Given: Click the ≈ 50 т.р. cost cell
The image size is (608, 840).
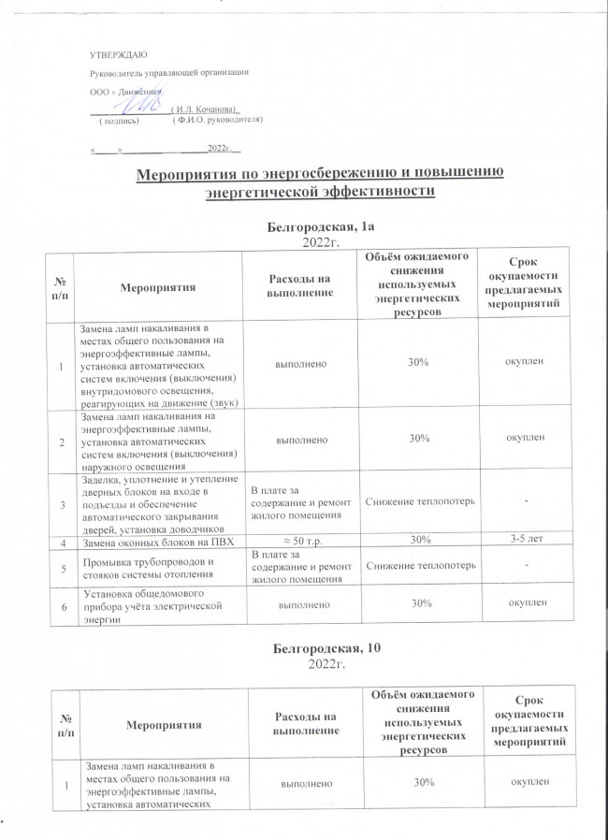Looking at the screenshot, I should coord(297,540).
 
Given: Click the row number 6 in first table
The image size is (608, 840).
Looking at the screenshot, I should coord(65,605).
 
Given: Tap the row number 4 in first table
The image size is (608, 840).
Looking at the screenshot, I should coord(65,541).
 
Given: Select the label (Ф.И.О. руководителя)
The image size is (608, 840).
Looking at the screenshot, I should coord(218,122).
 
